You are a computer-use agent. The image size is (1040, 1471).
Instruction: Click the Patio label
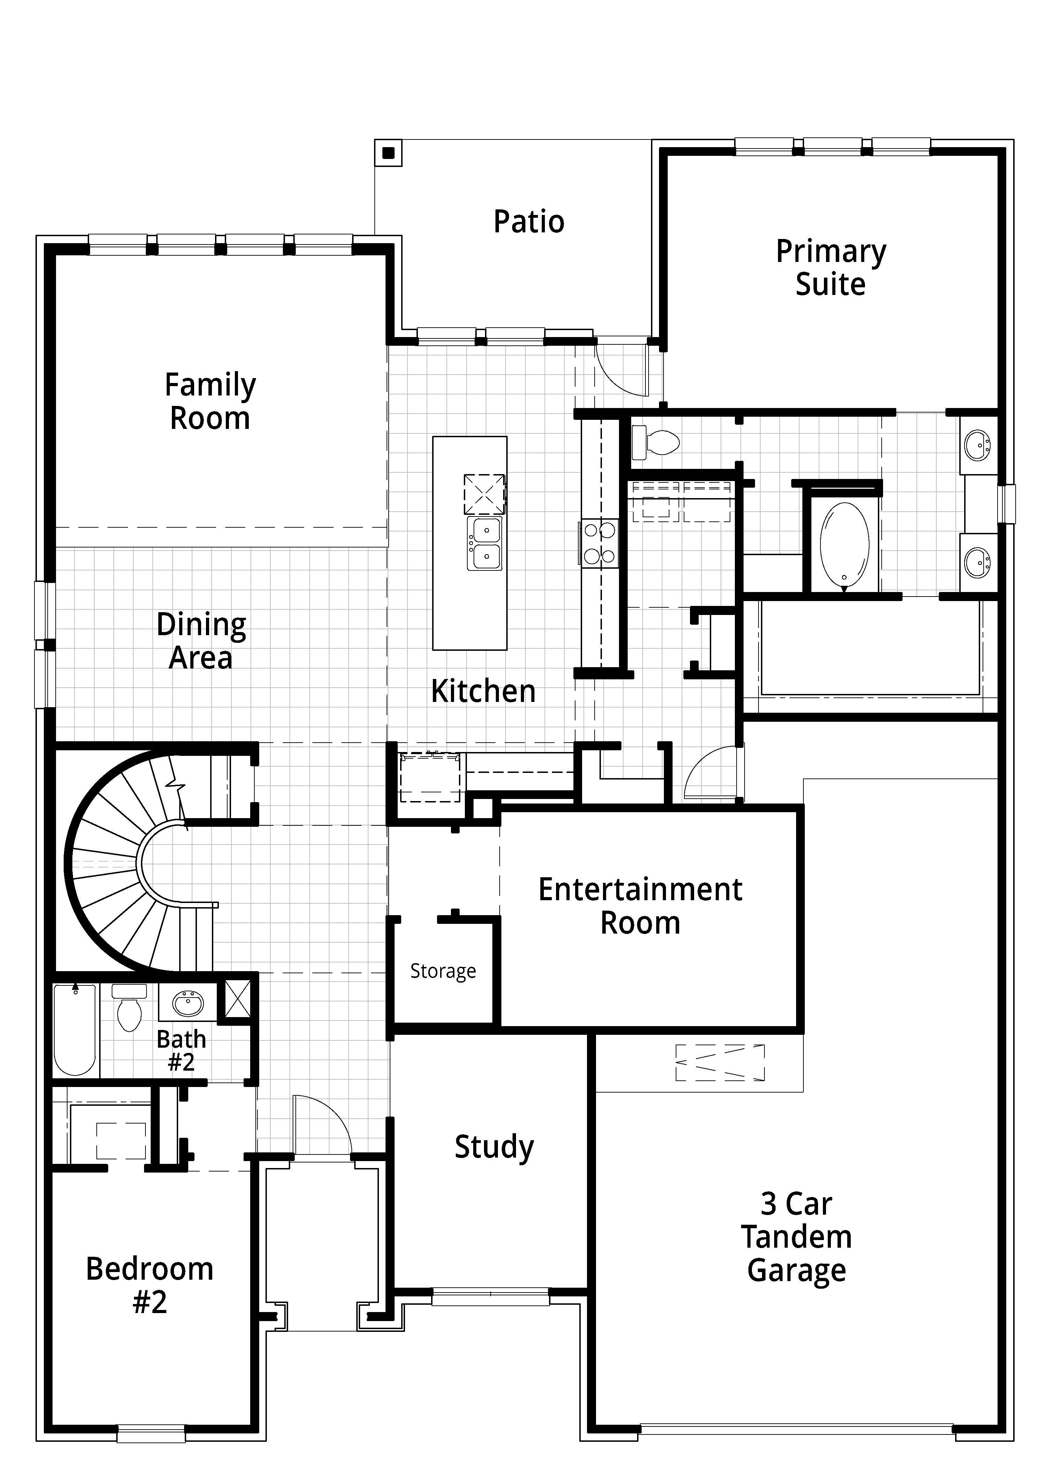click(529, 222)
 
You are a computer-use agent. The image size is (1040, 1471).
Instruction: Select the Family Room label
click(210, 402)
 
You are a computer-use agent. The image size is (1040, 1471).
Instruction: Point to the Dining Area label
click(201, 641)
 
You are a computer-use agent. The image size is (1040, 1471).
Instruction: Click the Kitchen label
click(483, 691)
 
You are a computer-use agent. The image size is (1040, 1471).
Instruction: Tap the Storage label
click(443, 971)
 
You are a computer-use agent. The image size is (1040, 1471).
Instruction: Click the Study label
click(494, 1147)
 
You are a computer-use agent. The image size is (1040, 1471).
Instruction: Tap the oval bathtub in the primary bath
click(844, 546)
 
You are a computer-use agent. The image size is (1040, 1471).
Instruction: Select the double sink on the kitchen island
click(484, 544)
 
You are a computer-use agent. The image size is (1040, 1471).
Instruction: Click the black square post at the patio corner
click(388, 153)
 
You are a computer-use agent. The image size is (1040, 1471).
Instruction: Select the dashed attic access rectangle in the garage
click(720, 1062)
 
